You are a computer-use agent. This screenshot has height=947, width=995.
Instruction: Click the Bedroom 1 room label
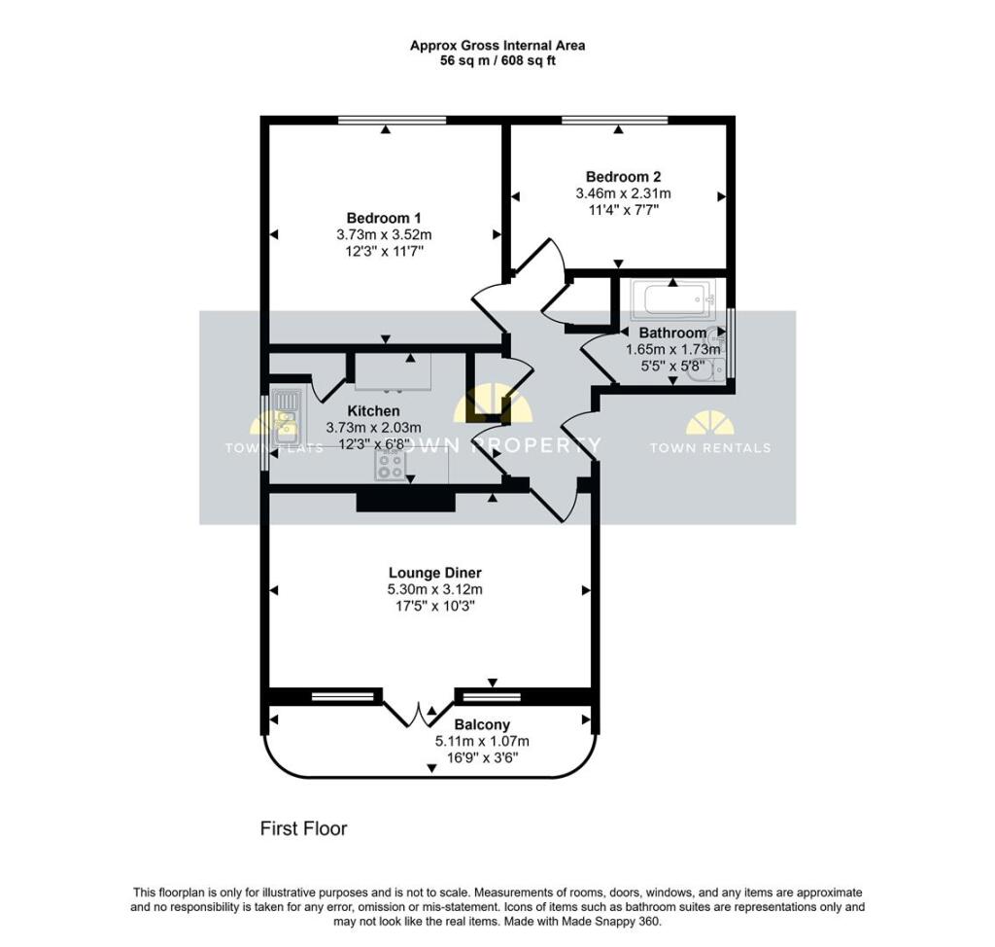point(384,217)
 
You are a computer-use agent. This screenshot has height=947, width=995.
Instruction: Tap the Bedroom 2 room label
point(623,177)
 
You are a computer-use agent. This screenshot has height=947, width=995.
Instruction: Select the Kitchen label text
point(373,411)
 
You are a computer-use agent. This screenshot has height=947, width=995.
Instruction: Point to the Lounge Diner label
point(434,573)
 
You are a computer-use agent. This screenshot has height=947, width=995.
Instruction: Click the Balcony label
point(482,725)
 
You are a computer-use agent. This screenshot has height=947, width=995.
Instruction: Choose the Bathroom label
point(672,333)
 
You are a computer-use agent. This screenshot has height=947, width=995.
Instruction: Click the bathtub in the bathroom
point(673,298)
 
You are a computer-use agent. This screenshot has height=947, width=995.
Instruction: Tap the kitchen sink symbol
point(287,414)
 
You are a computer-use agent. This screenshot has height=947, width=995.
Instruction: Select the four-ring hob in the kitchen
point(390,468)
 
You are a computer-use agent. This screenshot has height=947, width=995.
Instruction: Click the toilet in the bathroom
point(713,368)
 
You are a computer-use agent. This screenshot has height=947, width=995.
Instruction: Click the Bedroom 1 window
point(392,120)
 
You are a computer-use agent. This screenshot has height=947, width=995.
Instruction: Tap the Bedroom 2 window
point(614,120)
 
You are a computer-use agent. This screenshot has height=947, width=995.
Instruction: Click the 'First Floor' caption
point(303,829)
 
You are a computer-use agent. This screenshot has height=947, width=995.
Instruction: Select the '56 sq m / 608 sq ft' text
point(497,60)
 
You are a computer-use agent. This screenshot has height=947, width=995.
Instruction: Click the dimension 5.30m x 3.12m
point(434,589)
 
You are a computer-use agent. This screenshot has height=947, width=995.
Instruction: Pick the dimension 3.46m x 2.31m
point(623,193)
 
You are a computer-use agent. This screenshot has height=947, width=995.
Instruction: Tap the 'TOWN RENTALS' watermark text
point(709,448)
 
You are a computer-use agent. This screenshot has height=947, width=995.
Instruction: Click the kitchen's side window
point(265,434)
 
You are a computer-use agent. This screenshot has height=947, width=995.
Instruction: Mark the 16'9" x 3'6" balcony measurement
point(482,757)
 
